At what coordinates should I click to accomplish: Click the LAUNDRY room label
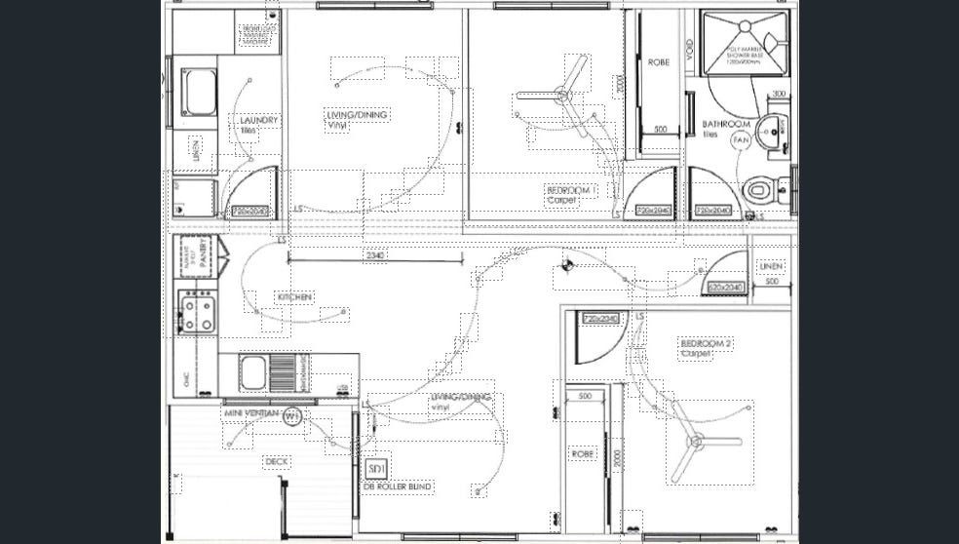[259, 121]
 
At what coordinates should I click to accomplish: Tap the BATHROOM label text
[726, 125]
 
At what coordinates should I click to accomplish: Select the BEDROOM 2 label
[706, 345]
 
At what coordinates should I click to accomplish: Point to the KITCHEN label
[295, 296]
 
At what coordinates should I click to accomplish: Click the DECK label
[277, 461]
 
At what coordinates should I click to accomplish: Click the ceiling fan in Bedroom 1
[563, 94]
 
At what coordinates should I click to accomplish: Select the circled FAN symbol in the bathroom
[741, 141]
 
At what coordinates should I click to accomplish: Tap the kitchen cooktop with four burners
[196, 311]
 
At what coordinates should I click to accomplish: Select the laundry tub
[200, 92]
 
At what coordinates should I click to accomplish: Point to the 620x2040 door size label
[726, 288]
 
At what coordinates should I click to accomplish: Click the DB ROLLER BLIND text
[398, 486]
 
